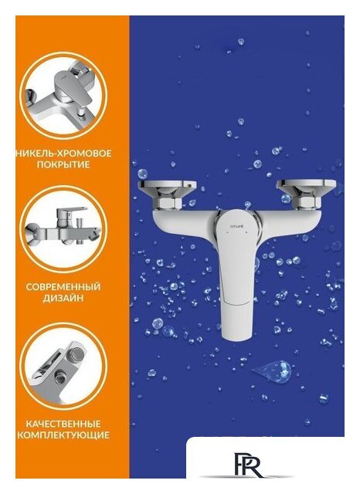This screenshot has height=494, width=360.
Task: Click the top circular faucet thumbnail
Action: pyautogui.click(x=63, y=96)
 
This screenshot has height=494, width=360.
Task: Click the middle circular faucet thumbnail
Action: pyautogui.click(x=63, y=228)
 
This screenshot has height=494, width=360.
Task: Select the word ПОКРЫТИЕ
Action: pyautogui.click(x=63, y=165)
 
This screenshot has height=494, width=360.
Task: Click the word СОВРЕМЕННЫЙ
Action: pyautogui.click(x=63, y=286)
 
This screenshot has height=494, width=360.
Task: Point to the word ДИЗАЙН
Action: pyautogui.click(x=63, y=298)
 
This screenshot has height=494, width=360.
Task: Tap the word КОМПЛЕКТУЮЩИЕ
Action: pyautogui.click(x=63, y=435)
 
